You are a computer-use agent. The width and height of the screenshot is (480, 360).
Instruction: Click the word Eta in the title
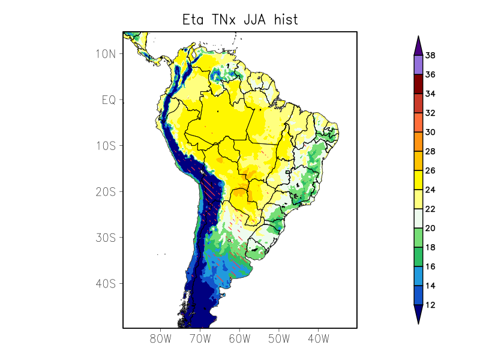pyautogui.click(x=193, y=20)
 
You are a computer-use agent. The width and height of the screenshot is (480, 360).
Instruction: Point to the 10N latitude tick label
pyautogui.click(x=105, y=54)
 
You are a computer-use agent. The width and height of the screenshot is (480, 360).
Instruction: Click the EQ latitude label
pyautogui.click(x=108, y=100)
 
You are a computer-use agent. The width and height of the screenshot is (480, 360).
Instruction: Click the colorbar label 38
pyautogui.click(x=430, y=56)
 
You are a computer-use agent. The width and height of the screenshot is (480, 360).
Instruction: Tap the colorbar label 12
pyautogui.click(x=430, y=305)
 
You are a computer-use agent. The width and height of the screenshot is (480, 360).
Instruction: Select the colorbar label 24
pyautogui.click(x=430, y=190)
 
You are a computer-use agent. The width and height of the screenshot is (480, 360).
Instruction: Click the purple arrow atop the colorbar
pyautogui.click(x=418, y=45)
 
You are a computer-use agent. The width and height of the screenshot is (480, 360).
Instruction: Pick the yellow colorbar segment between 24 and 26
pyautogui.click(x=418, y=180)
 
